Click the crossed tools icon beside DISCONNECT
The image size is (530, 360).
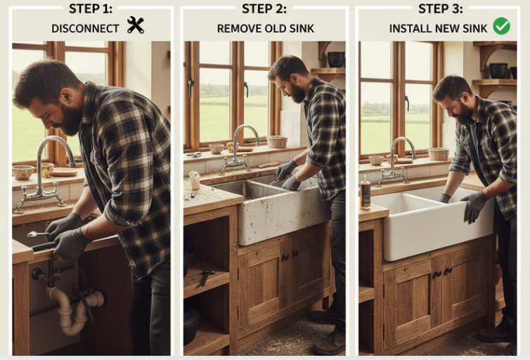click(x=136, y=25)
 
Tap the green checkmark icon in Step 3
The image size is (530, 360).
click(x=502, y=26)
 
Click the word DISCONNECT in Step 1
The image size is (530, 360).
click(x=85, y=29)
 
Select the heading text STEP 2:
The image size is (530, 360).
click(x=264, y=8)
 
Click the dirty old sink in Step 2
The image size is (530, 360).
click(x=274, y=210)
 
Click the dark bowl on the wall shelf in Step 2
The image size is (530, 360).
click(x=336, y=59)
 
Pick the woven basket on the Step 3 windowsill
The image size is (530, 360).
click(x=438, y=154)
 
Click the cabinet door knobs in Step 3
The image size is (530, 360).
click(x=444, y=272)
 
